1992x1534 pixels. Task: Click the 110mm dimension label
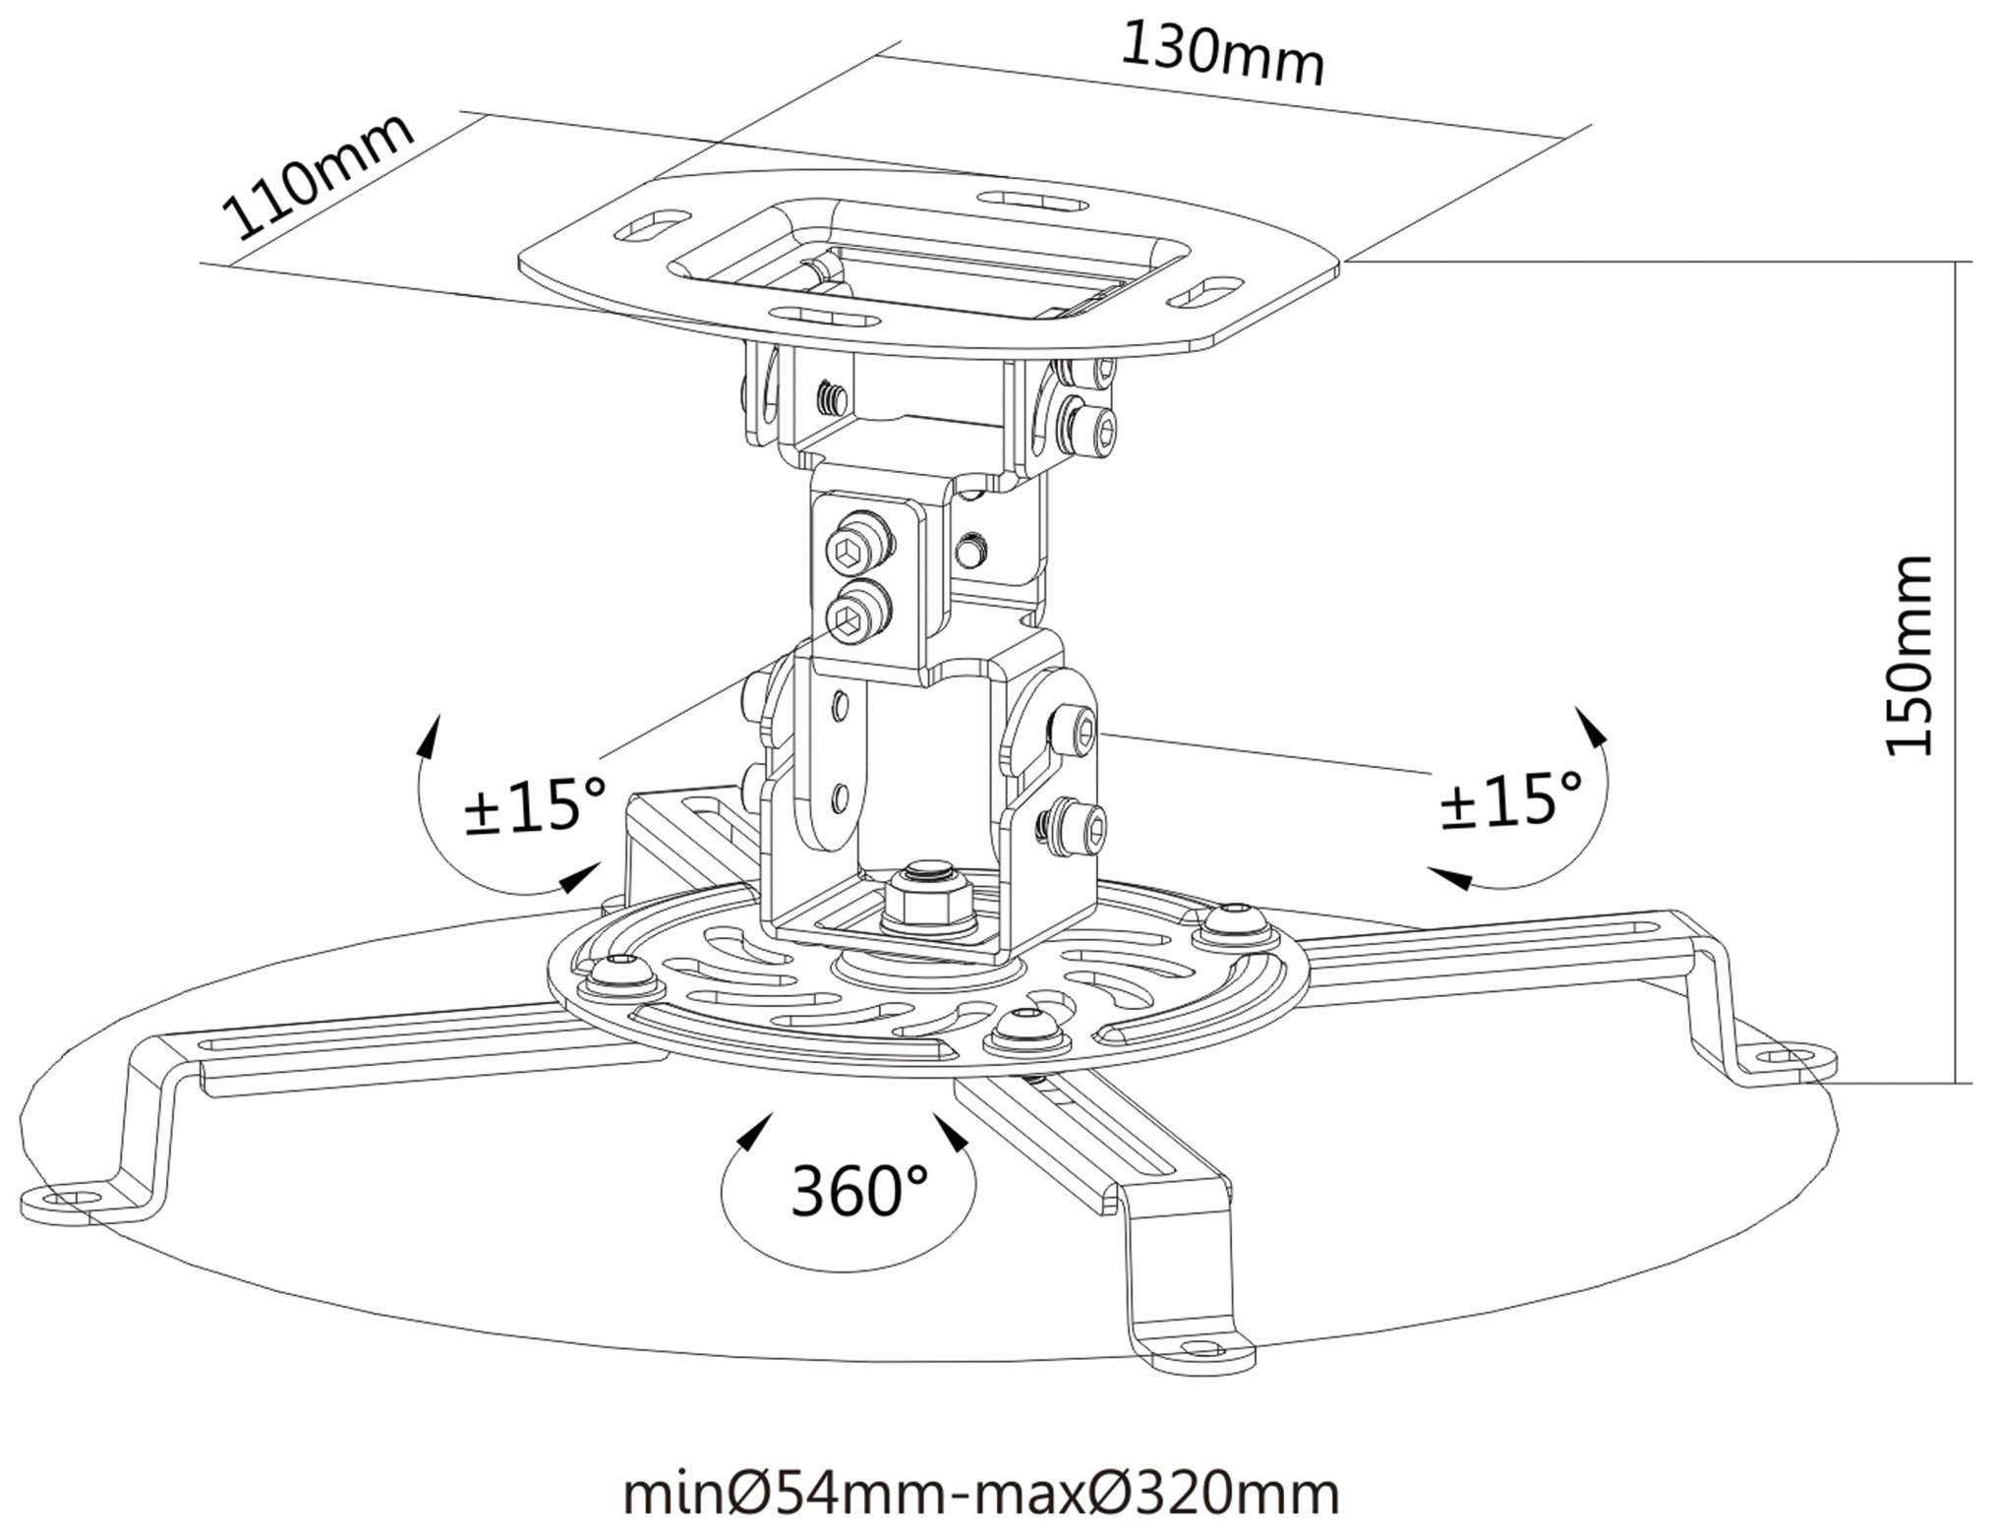[x=316, y=177]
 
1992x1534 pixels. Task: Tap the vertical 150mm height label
[x=1908, y=656]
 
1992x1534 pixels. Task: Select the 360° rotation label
[x=857, y=1191]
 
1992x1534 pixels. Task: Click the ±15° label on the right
[x=1511, y=799]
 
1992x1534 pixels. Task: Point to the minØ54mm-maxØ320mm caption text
[x=980, y=1493]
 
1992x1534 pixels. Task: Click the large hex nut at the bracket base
[x=928, y=900]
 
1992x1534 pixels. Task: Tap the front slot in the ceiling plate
[x=826, y=318]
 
